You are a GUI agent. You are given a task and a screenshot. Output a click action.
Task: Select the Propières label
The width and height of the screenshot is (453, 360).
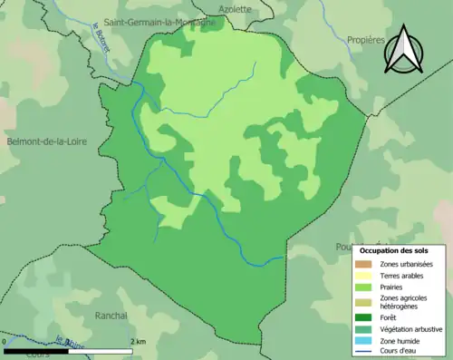tap(366, 40)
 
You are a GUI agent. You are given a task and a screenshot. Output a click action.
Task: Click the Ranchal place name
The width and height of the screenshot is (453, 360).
tap(111, 316)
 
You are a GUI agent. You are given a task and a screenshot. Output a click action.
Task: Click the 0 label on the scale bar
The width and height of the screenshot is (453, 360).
tap(5, 341)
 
